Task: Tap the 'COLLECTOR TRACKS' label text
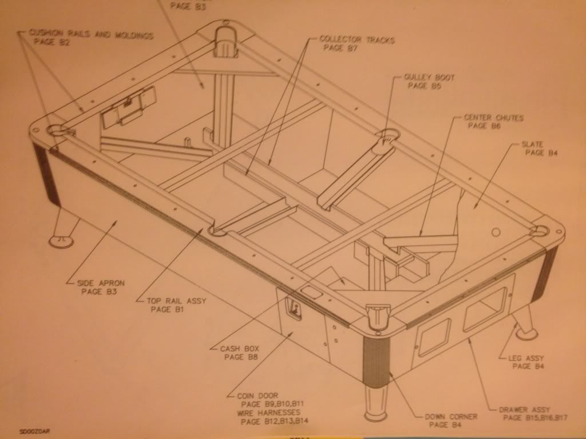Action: pyautogui.click(x=357, y=39)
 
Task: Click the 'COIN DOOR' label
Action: pyautogui.click(x=256, y=396)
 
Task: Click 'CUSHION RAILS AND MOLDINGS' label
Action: pyautogui.click(x=92, y=35)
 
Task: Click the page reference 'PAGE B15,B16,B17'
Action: pyautogui.click(x=535, y=418)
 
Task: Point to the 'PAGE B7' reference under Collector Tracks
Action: pyautogui.click(x=340, y=48)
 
